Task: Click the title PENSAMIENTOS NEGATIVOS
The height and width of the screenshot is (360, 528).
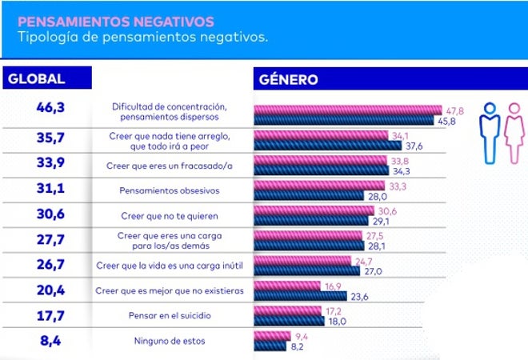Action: click(115, 20)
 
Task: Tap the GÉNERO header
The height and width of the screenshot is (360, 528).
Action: click(289, 79)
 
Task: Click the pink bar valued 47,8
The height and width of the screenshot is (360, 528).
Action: click(347, 110)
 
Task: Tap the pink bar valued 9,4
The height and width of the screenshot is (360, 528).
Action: click(272, 335)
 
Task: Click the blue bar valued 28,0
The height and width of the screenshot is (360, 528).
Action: click(308, 195)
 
